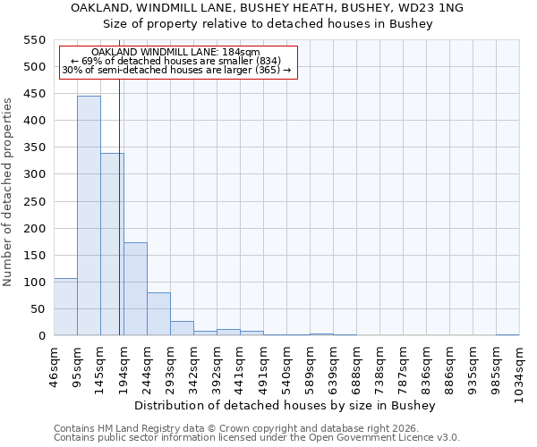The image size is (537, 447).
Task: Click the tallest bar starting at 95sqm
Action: click(x=89, y=215)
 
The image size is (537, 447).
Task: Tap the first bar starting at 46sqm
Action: click(x=65, y=307)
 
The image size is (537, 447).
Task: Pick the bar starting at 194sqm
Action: click(x=135, y=289)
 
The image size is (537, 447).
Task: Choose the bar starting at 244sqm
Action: click(x=158, y=314)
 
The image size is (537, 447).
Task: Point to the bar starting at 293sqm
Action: click(x=182, y=328)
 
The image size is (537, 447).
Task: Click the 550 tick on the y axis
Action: click(x=34, y=40)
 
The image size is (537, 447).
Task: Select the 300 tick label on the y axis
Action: click(x=34, y=174)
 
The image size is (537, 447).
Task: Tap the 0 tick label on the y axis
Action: click(x=40, y=336)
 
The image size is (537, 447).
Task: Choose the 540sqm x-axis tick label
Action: click(x=286, y=366)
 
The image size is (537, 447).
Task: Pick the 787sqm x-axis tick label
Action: click(x=403, y=366)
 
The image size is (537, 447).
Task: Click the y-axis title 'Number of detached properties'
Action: click(x=9, y=192)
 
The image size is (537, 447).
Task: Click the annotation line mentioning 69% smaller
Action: click(x=175, y=61)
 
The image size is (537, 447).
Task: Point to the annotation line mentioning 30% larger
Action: click(x=176, y=70)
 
